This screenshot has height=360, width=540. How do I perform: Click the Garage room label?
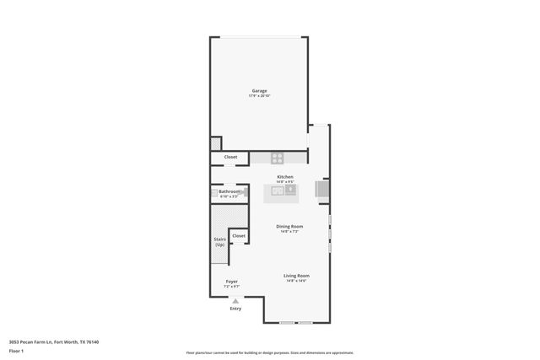point(259,90)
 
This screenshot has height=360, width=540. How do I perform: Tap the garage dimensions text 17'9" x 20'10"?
point(259,96)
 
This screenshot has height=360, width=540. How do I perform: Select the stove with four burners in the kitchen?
point(278,158)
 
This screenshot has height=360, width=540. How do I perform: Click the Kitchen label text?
point(285,176)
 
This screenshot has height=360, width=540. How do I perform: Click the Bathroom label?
point(229,191)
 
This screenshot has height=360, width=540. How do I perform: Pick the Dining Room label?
point(289,226)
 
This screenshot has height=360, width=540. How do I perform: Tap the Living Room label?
point(296,276)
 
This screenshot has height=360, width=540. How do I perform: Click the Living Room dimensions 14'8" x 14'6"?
point(296,282)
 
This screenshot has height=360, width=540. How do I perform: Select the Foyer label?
point(231,281)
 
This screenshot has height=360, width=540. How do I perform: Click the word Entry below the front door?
point(235,309)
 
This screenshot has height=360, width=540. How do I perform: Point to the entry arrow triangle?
point(235,300)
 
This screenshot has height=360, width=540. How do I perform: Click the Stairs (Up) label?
point(219,242)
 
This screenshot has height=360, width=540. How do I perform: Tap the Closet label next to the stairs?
point(239,235)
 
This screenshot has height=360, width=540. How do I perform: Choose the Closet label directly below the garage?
point(230,157)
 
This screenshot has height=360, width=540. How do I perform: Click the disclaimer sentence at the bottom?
point(270,352)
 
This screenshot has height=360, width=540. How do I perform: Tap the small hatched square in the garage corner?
point(215,143)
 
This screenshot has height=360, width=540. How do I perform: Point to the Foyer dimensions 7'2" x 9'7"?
point(231,287)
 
